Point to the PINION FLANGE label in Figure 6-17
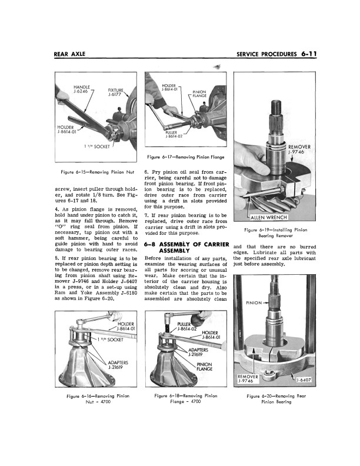tap(201, 94)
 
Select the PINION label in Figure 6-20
tap(255, 303)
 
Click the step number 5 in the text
tap(56, 275)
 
